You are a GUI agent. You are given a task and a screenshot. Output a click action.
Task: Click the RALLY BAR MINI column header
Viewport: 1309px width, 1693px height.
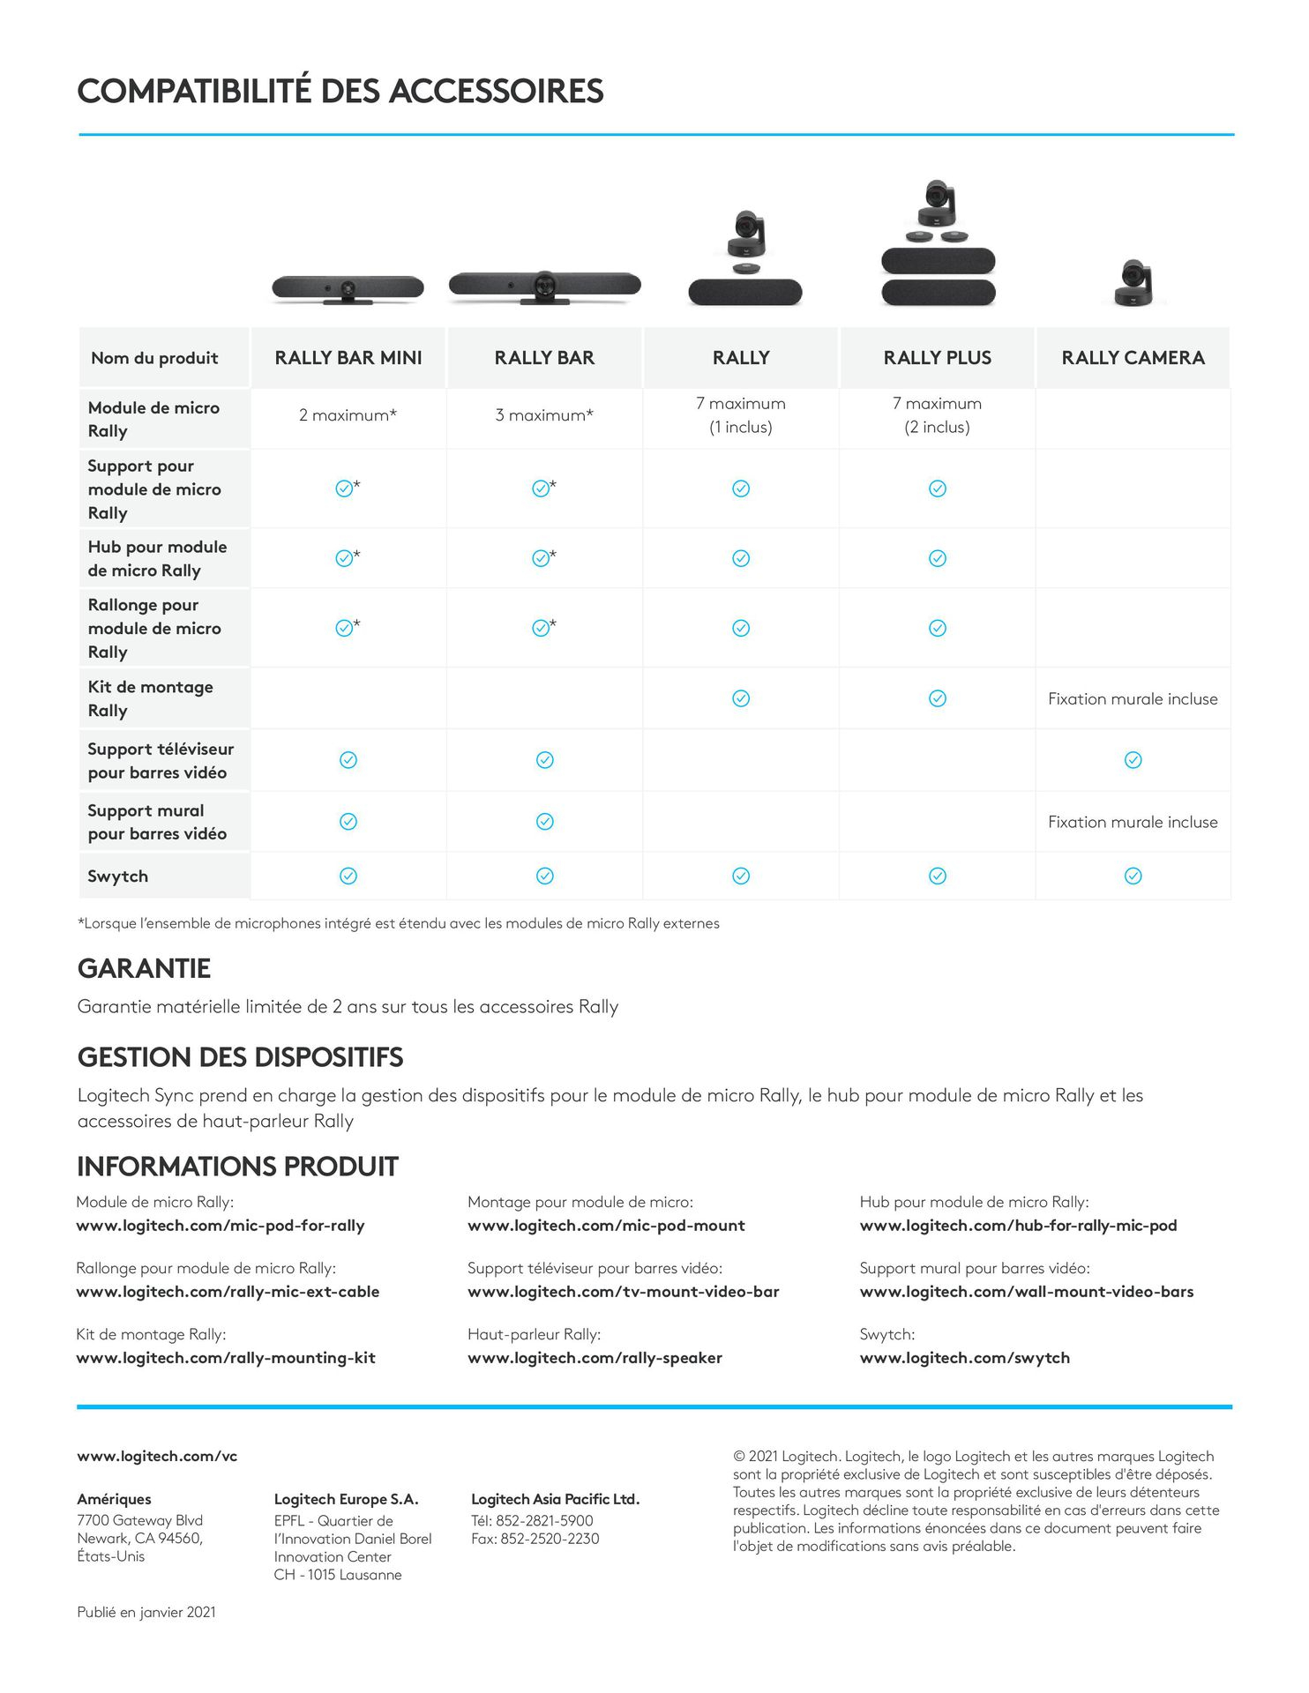[x=348, y=358]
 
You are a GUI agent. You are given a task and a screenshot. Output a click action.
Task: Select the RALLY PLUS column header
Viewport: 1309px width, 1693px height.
[x=937, y=358]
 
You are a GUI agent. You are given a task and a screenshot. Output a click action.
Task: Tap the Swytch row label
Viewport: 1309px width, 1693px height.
[x=118, y=876]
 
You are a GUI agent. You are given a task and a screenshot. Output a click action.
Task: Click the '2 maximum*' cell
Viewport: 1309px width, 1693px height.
[x=348, y=415]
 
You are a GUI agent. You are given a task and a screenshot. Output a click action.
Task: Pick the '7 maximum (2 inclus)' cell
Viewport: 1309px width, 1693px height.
[x=937, y=415]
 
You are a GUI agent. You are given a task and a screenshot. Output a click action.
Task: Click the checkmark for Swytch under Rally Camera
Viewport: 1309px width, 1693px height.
[x=1133, y=876]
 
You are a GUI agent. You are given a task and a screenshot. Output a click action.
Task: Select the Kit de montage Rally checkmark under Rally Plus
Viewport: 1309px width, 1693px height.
[x=937, y=699]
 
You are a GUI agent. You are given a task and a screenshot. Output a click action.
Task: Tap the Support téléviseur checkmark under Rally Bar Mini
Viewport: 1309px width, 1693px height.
[x=348, y=760]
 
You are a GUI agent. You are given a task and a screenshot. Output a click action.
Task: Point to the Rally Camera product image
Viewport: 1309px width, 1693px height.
[x=1133, y=282]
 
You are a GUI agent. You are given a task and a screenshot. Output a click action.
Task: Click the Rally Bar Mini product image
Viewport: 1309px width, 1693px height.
[x=348, y=288]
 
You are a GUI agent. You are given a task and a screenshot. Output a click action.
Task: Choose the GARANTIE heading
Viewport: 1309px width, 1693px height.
[x=144, y=969]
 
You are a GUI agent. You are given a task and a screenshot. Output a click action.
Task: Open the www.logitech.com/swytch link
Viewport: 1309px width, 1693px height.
[x=964, y=1358]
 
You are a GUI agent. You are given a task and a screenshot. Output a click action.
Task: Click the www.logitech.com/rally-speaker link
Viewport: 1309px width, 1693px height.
[x=595, y=1358]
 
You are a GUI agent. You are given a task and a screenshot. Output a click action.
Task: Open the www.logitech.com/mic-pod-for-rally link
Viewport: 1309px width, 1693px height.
[x=221, y=1226]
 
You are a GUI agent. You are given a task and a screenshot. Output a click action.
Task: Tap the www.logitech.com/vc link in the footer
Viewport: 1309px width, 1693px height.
[x=157, y=1457]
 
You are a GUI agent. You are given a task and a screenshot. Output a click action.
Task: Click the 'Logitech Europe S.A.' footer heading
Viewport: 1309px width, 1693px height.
[x=346, y=1499]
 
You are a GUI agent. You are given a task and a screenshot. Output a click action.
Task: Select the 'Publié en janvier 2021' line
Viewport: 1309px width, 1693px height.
[x=146, y=1612]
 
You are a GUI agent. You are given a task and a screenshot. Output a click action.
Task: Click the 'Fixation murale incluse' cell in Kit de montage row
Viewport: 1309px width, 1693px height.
[x=1133, y=699]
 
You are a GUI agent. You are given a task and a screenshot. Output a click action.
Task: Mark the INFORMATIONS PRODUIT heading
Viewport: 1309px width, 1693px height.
[x=237, y=1167]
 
